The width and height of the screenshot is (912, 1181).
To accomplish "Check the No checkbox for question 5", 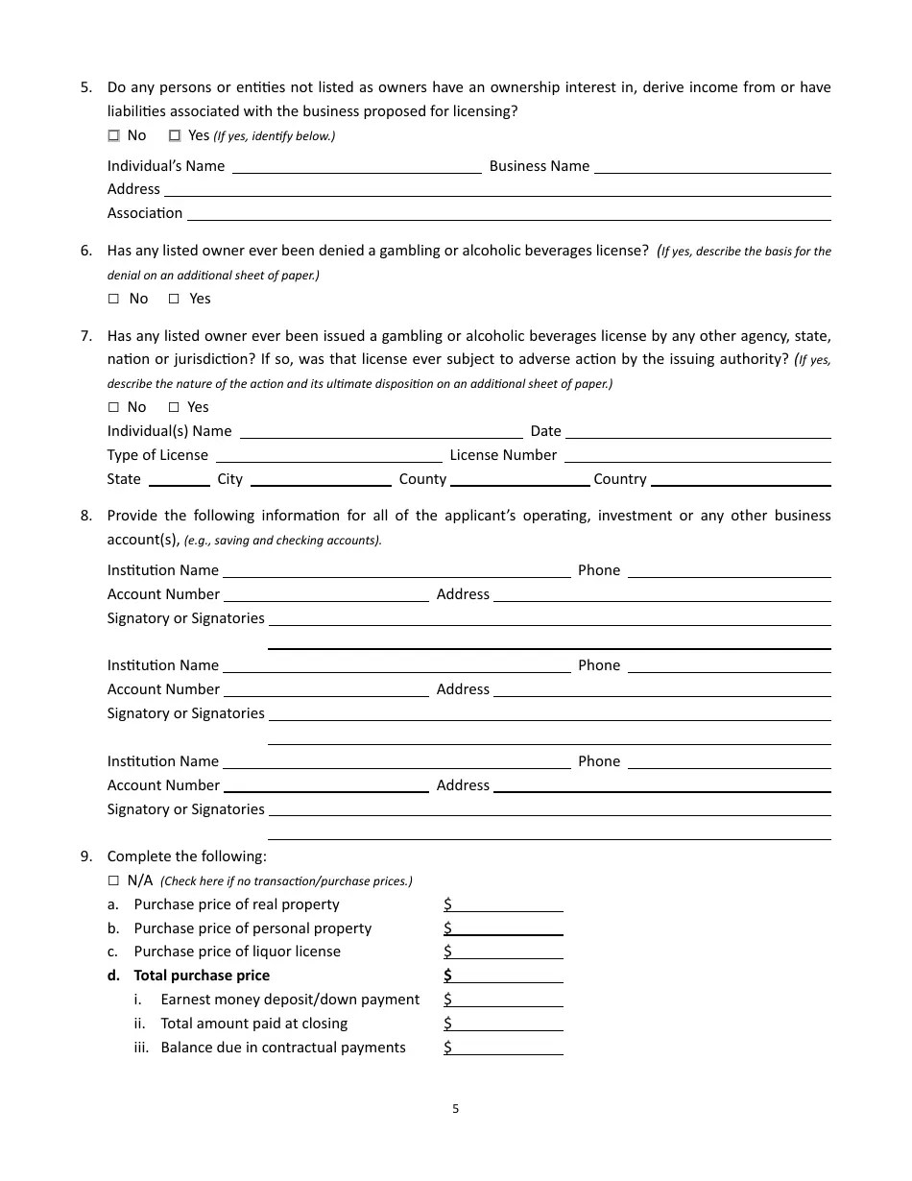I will point(113,135).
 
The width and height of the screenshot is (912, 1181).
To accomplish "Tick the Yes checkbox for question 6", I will point(174,299).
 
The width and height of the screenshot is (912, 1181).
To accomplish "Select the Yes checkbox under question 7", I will point(174,407).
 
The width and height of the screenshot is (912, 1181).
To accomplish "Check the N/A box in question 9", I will point(113,880).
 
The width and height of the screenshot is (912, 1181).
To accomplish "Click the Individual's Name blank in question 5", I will point(356,166).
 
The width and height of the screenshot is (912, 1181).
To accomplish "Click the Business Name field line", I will point(711,166).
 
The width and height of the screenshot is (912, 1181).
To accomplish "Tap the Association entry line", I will point(508,213).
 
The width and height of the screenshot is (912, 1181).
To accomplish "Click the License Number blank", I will point(697,455).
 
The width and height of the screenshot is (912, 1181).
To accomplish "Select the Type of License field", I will point(328,455).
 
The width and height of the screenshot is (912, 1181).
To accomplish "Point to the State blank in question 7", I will point(179,479).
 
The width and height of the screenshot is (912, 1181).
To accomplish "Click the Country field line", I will point(740,479).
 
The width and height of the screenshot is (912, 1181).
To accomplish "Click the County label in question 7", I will point(422,479).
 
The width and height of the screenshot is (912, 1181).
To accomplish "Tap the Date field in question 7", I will point(697,431).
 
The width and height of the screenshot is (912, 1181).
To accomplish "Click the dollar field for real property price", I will point(504,904).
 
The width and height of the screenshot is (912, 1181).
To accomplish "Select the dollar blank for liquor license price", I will point(504,952).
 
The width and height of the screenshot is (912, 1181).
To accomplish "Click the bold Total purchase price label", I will point(202,976).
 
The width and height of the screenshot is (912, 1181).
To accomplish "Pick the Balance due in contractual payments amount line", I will point(504,1048).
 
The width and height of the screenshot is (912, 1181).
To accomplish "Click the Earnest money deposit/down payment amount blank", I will point(504,1000).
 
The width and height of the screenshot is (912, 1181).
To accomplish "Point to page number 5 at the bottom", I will point(456,1109).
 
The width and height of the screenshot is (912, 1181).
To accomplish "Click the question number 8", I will point(85,516).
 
